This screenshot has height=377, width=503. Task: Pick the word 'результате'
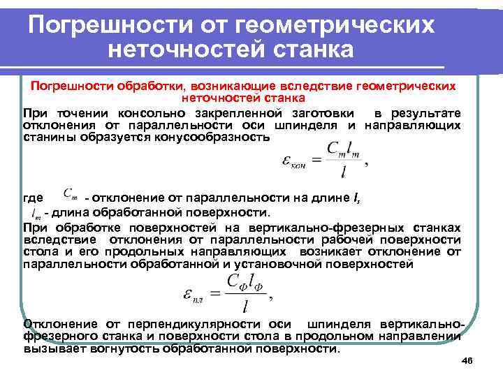pyautogui.click(x=428, y=113)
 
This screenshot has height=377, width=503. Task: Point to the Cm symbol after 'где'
pyautogui.click(x=71, y=193)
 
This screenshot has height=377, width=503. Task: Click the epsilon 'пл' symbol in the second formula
pyautogui.click(x=191, y=294)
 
